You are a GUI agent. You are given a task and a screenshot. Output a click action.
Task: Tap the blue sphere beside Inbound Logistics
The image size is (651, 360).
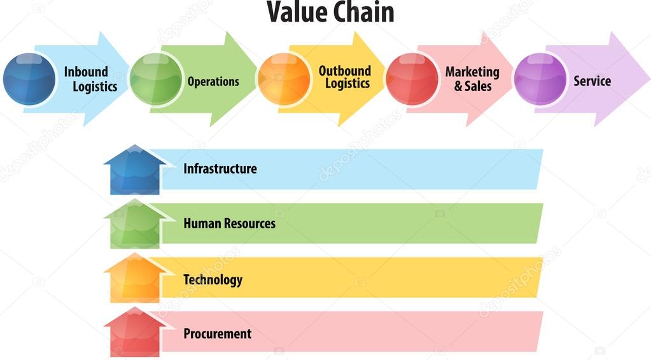(29, 79)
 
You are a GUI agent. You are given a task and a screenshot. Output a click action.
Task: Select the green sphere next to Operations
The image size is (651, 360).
(156, 79)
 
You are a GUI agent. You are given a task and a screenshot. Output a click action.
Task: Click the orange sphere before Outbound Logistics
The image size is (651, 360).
(284, 79)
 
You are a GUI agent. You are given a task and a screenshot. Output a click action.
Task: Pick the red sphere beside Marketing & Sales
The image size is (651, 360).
(412, 79)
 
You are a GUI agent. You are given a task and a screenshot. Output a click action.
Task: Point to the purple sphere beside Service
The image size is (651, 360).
(540, 79)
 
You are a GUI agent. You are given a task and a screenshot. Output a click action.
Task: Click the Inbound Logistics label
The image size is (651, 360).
(90, 79)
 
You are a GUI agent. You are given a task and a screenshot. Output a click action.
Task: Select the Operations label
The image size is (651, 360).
(213, 81)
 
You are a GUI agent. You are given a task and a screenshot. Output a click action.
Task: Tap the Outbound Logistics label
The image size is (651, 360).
(345, 77)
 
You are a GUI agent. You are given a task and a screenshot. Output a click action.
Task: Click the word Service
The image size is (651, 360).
(592, 81)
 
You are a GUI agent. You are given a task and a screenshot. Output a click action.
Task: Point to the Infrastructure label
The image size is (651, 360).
(220, 169)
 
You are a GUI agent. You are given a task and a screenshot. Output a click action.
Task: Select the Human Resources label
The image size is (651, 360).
(229, 223)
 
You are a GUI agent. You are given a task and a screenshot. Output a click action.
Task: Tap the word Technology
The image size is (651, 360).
(213, 280)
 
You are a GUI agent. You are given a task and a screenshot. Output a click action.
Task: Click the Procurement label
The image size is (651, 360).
(217, 333)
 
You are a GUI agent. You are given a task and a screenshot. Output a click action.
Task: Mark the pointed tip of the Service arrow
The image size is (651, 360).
(648, 79)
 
